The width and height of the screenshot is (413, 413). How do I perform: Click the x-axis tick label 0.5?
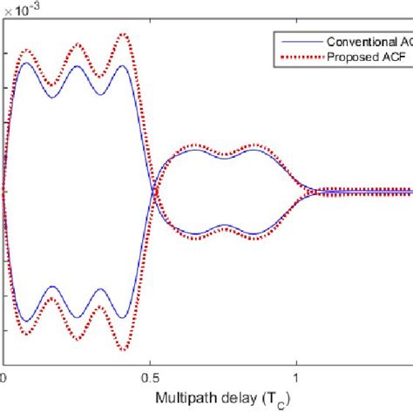(x=150, y=378)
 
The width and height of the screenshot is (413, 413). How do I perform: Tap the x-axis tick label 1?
(x=296, y=378)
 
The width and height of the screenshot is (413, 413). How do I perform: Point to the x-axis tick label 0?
(x=4, y=378)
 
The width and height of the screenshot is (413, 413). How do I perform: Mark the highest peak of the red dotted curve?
(x=122, y=35)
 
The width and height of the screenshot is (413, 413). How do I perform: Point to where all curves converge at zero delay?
(x=4, y=191)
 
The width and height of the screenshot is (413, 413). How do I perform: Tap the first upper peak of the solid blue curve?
(x=26, y=63)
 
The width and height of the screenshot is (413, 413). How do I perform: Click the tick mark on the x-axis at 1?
(x=296, y=362)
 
